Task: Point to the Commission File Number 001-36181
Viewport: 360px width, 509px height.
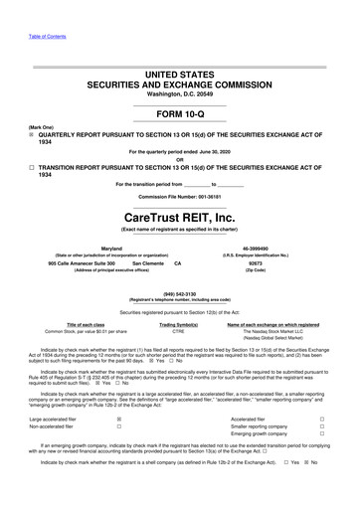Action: pyautogui.click(x=179, y=196)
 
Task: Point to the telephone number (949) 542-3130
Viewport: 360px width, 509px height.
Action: pyautogui.click(x=179, y=294)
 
